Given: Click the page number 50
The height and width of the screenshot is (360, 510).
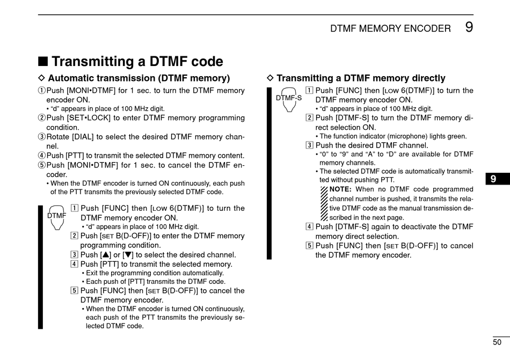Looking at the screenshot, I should (497, 342).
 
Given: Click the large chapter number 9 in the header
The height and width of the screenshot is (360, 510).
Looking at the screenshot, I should (469, 27).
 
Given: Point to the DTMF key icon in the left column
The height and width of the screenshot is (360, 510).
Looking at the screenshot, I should (56, 216).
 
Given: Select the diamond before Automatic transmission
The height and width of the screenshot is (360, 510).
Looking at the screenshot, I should (43, 79).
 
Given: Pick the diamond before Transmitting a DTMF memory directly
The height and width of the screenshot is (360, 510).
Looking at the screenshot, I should (271, 79).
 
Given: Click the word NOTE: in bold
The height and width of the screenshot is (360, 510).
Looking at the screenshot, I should (340, 189).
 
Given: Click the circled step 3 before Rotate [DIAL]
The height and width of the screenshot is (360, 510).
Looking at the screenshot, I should (42, 137).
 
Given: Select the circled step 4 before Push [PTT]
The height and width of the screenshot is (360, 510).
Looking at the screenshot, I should (42, 156).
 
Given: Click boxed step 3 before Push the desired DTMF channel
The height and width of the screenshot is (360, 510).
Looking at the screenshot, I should (309, 145).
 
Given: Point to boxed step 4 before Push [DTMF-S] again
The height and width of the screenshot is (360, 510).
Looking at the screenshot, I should (309, 227).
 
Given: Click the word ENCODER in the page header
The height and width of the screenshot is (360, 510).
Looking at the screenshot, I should (425, 28).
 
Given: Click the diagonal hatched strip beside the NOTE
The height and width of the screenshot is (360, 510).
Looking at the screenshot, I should (324, 203).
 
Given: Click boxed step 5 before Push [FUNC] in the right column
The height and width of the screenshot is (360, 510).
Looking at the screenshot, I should (309, 246).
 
